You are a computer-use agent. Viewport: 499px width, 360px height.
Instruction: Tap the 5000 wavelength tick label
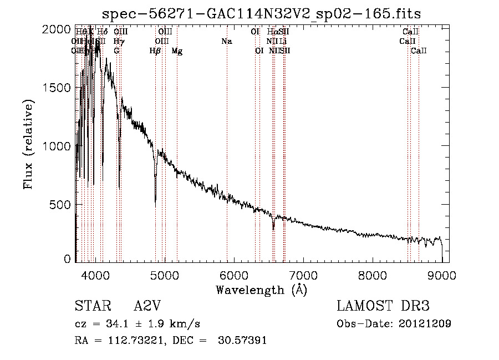point(164,275)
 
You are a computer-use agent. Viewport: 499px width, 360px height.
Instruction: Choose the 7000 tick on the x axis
point(303,275)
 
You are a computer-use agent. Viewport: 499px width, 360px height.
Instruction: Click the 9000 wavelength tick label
point(442,275)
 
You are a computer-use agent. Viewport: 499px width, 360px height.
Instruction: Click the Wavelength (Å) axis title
point(261,290)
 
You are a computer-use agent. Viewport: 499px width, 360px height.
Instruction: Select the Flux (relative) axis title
point(28,144)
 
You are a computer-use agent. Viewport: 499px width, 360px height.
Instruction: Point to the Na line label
point(226,42)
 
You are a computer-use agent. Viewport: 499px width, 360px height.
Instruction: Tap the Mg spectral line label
point(177,51)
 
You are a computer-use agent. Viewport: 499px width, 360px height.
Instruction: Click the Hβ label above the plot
point(155,51)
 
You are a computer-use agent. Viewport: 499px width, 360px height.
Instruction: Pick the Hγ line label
point(119,42)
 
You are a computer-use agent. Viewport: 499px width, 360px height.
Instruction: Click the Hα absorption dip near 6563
point(273,226)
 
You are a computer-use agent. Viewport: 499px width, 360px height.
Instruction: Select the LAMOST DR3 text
point(383,306)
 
